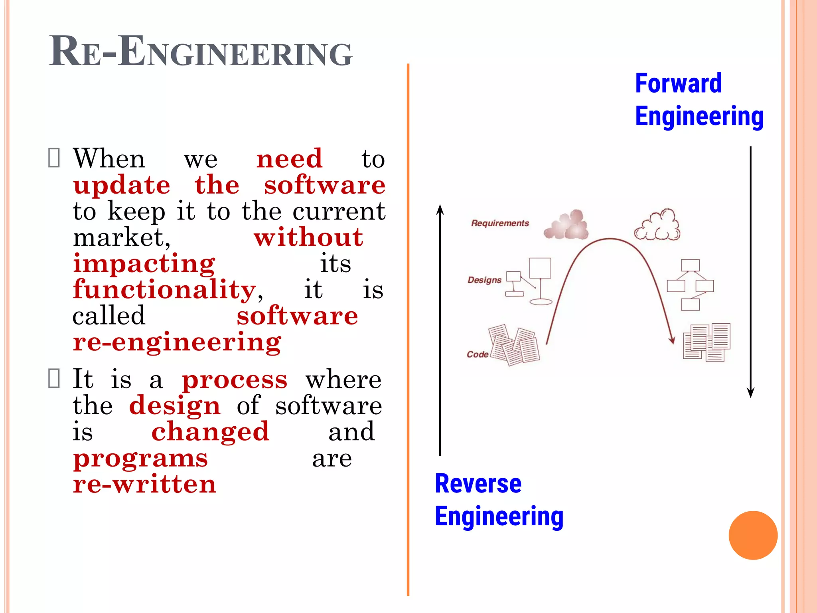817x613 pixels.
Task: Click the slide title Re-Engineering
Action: click(201, 52)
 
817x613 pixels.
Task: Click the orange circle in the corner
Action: click(753, 535)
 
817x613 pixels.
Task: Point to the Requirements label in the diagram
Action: click(500, 223)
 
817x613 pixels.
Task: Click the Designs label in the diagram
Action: click(484, 280)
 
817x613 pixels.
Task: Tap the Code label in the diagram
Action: click(478, 354)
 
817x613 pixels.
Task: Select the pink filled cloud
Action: click(566, 225)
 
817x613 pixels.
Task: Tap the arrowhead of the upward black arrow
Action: click(440, 209)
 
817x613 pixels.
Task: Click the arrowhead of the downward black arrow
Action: click(750, 393)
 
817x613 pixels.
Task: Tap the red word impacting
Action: click(144, 263)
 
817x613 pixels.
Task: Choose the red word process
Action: click(235, 380)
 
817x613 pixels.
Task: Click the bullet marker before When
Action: click(54, 158)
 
